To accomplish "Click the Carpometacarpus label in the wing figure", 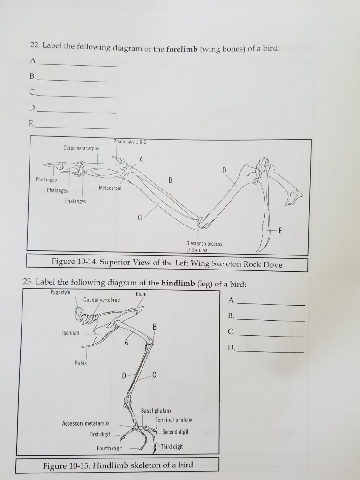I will pos(82,148).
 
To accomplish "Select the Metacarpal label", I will pos(110,188).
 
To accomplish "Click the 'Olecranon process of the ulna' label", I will pos(204,247).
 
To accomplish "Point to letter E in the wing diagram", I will pos(280,231).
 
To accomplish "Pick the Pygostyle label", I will pos(60,292).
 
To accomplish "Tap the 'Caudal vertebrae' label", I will pos(101,300).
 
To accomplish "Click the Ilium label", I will pos(141,294).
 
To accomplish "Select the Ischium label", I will pos(71,333).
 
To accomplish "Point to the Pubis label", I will pos(81,363).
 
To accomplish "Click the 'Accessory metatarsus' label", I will pos(86,424).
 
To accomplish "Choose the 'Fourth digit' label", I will pos(109,449).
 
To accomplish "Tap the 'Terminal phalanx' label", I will pos(174,420).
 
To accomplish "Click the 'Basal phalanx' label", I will pos(156,411).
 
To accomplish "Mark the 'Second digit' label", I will pos(175,432).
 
